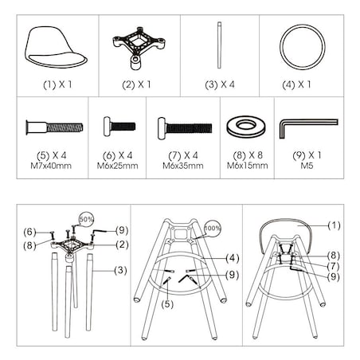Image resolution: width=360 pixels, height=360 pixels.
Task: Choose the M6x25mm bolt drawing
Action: (117, 127)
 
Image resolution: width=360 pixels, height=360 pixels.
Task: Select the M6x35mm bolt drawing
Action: (182, 127)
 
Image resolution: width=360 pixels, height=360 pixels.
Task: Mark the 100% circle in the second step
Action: (210, 228)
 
